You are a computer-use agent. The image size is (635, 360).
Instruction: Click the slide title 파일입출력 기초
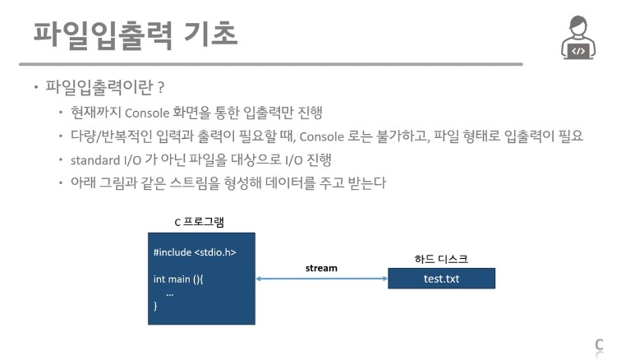point(136,34)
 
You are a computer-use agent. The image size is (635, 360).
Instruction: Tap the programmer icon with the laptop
point(578,38)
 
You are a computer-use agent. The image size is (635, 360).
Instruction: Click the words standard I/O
point(110,159)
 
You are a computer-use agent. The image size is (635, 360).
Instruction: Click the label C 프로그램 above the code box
point(199,222)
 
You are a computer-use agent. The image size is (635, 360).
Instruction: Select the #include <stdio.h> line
point(195,252)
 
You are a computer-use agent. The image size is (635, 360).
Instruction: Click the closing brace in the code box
point(155,306)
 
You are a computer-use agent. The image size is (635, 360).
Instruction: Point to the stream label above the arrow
point(321,268)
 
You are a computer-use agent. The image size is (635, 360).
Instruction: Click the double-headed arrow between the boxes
point(321,279)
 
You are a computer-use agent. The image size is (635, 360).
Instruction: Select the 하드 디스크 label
point(440,258)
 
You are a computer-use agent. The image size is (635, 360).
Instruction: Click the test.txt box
point(441,279)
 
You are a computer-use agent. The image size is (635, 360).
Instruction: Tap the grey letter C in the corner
point(599,344)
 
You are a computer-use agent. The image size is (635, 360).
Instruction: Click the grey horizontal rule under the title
point(271,63)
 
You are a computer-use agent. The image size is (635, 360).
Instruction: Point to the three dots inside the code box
point(169,293)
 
